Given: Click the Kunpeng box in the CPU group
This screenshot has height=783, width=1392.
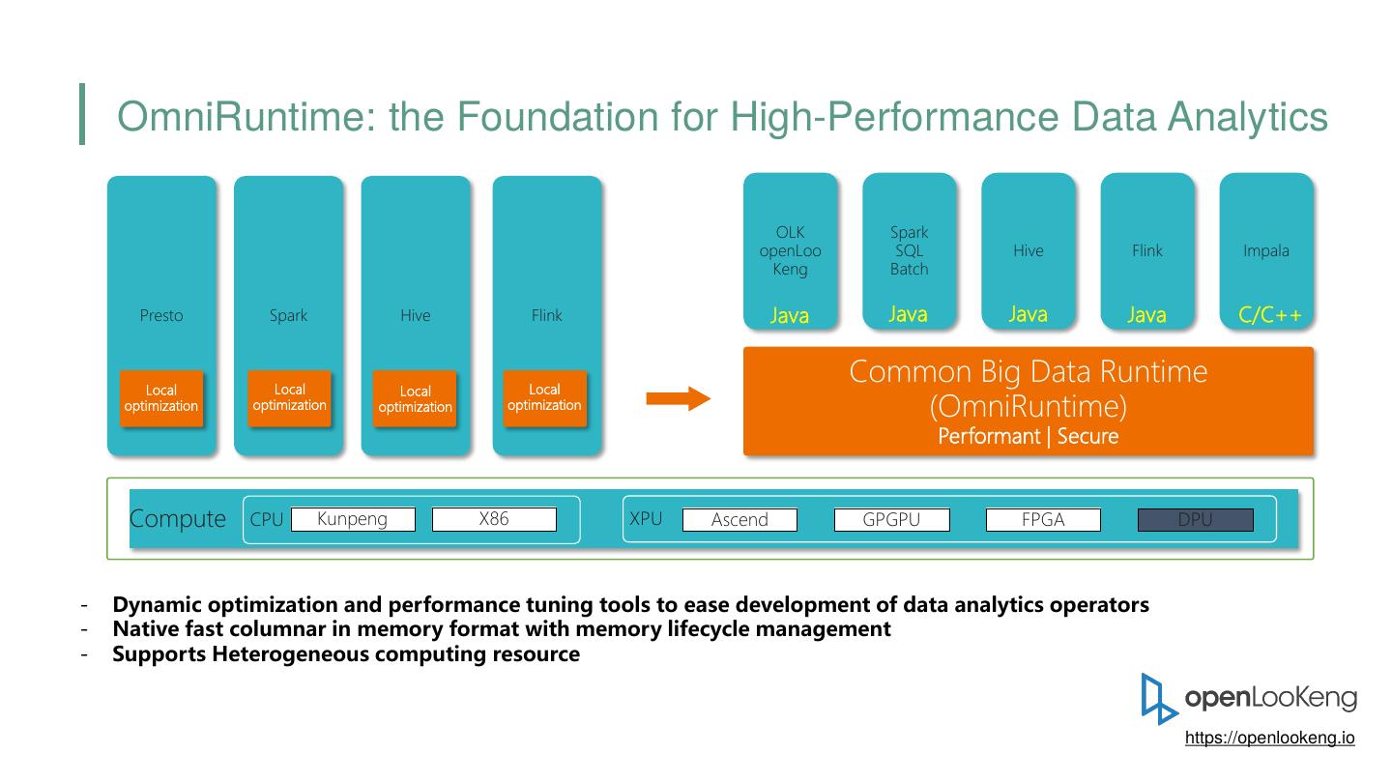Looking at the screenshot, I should point(353,520).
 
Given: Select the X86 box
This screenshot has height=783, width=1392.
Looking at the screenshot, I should point(494,520).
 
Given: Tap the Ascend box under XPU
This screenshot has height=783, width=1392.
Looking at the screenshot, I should point(739,520).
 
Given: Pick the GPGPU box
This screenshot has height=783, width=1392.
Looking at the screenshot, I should point(891,520).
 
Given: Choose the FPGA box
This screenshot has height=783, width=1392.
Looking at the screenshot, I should point(1043,520).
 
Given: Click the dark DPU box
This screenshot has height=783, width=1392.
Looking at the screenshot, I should point(1195,520).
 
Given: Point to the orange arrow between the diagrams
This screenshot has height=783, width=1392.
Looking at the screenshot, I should point(679,398).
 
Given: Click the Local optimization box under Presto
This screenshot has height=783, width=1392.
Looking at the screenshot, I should point(161,398).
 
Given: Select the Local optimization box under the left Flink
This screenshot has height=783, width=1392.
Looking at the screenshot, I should point(544,397).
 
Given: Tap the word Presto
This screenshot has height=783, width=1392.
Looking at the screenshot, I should point(161,315).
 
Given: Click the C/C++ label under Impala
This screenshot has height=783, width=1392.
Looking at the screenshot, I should point(1270,315).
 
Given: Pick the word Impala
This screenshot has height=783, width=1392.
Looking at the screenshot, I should point(1266,250).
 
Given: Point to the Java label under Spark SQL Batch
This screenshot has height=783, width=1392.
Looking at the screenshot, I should point(909,314).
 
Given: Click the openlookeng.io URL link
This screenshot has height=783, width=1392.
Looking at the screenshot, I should point(1269,738).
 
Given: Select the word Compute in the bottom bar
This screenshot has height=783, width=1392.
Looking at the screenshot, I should point(178,519).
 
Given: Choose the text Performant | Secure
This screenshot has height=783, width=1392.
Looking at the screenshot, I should point(1028,436).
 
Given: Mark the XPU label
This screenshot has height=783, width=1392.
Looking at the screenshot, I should point(646,519).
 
